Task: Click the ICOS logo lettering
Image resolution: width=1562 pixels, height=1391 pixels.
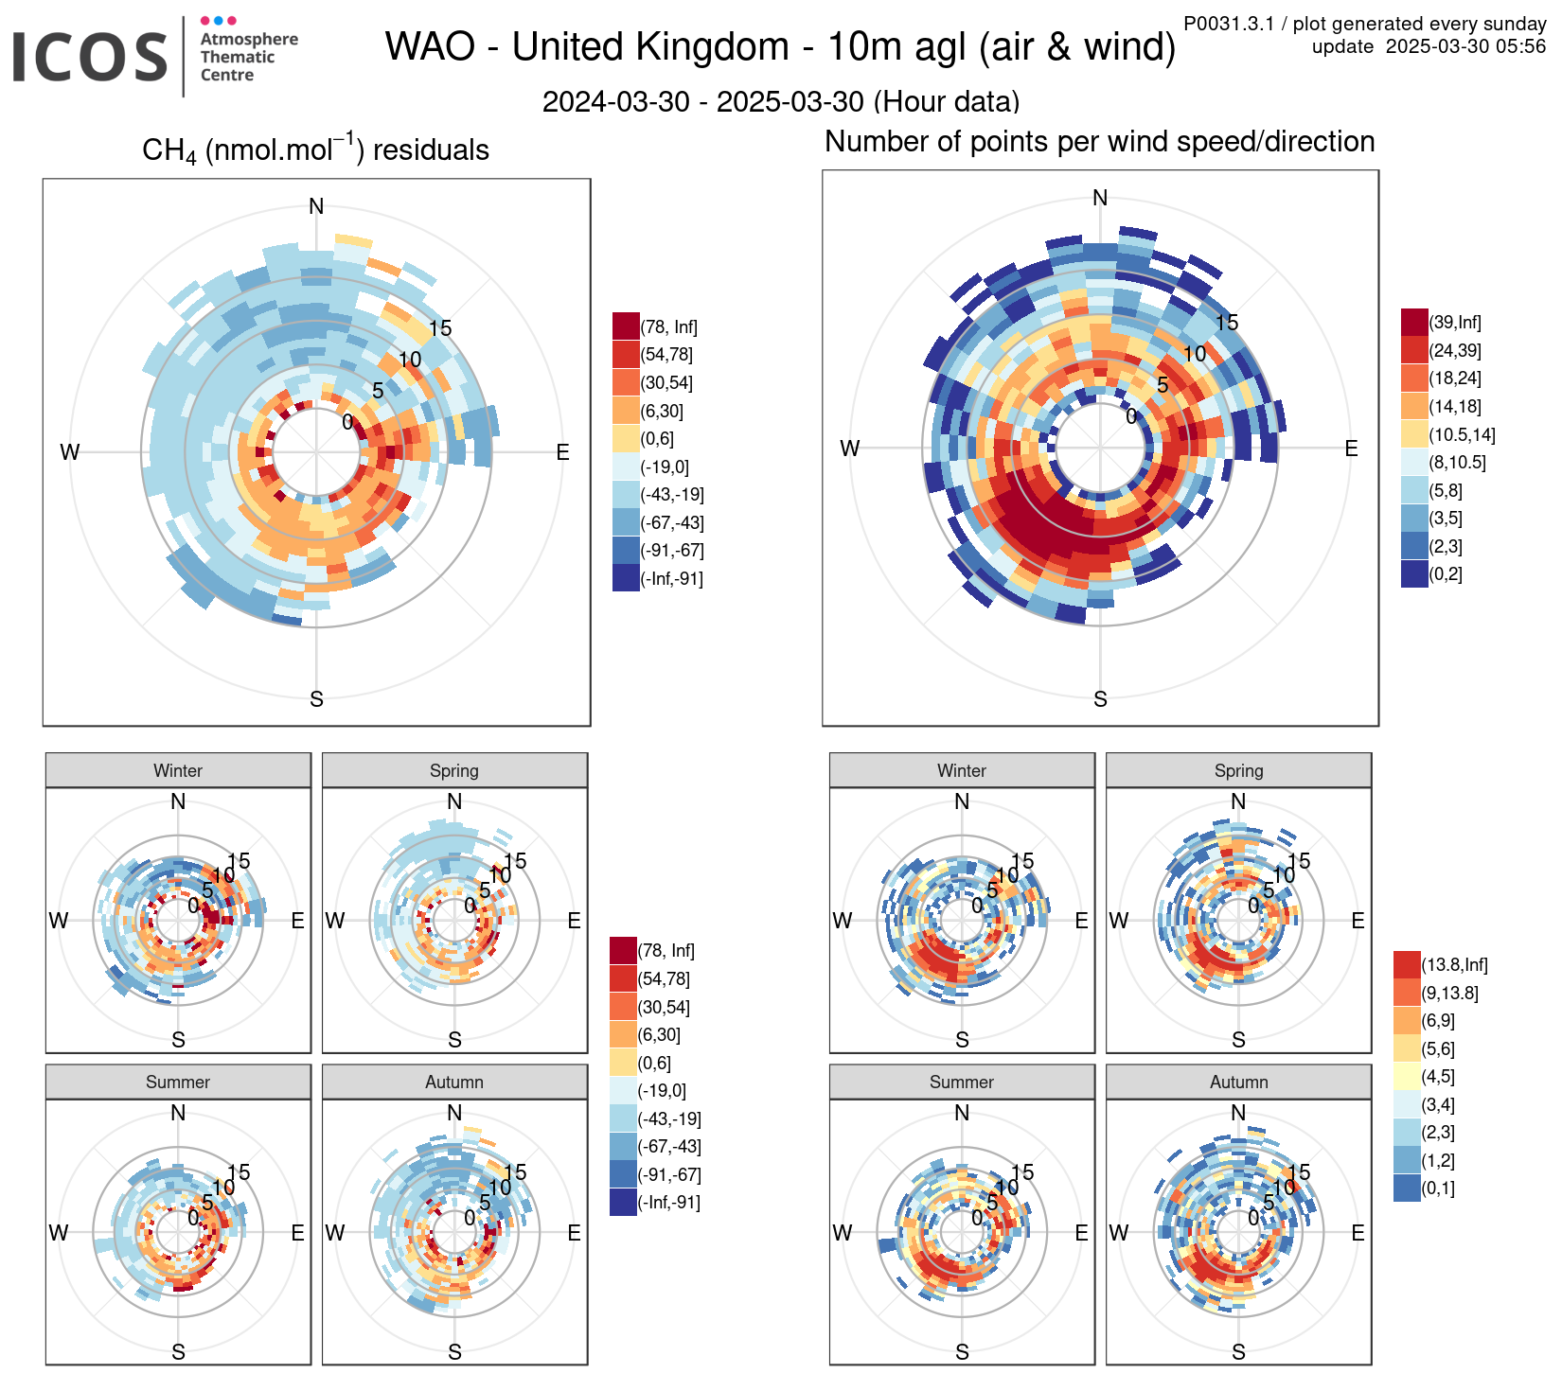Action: tap(90, 57)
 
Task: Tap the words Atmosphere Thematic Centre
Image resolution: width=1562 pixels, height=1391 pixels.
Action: tap(248, 57)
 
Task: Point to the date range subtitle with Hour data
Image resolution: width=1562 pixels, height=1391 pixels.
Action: tap(780, 101)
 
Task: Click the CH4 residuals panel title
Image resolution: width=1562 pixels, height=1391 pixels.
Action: tap(315, 150)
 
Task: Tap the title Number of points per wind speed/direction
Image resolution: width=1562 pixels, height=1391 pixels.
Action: tap(1099, 142)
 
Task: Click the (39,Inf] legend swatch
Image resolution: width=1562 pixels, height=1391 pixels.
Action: tap(1414, 323)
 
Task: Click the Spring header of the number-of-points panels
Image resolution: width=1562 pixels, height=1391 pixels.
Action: tap(1238, 770)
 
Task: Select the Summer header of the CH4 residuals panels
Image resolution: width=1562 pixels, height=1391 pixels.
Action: tap(178, 1082)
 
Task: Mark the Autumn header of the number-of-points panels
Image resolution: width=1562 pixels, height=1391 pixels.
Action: tap(1238, 1082)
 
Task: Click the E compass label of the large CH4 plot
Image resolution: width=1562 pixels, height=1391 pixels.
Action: tap(562, 452)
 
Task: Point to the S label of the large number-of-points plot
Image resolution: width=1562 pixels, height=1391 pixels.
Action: tap(1100, 699)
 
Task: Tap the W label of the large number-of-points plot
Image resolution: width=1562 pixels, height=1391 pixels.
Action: tap(850, 449)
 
